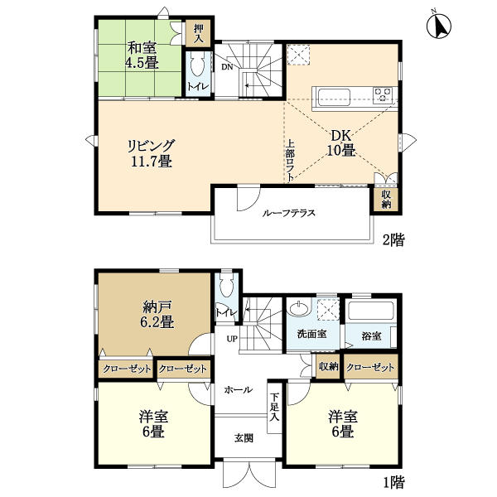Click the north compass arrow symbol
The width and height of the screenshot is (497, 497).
tap(439, 25)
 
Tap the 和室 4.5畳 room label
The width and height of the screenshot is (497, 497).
tap(142, 55)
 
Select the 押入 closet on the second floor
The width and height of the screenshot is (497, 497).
tap(198, 33)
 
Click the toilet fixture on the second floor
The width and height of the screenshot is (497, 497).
tap(197, 65)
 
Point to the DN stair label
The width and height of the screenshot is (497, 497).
tap(227, 67)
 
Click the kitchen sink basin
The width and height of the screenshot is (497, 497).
tap(334, 97)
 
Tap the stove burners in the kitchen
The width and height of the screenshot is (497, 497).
tap(383, 94)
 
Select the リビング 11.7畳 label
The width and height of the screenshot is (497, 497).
tap(152, 154)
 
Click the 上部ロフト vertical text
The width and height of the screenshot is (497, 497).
tap(290, 161)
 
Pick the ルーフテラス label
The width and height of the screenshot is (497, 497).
tap(289, 213)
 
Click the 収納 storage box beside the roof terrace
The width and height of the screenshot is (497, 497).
tap(386, 200)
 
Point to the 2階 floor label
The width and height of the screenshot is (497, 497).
tap(393, 240)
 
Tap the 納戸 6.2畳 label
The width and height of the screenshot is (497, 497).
tap(157, 315)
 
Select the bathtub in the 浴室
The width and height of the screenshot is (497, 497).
tap(371, 311)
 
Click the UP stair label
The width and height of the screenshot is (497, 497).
tap(232, 339)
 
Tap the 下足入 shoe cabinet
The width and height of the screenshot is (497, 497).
tap(274, 408)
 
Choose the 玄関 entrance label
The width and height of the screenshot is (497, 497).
tap(244, 438)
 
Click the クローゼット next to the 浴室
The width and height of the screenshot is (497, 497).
tap(371, 367)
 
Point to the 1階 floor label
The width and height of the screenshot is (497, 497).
tap(394, 482)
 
